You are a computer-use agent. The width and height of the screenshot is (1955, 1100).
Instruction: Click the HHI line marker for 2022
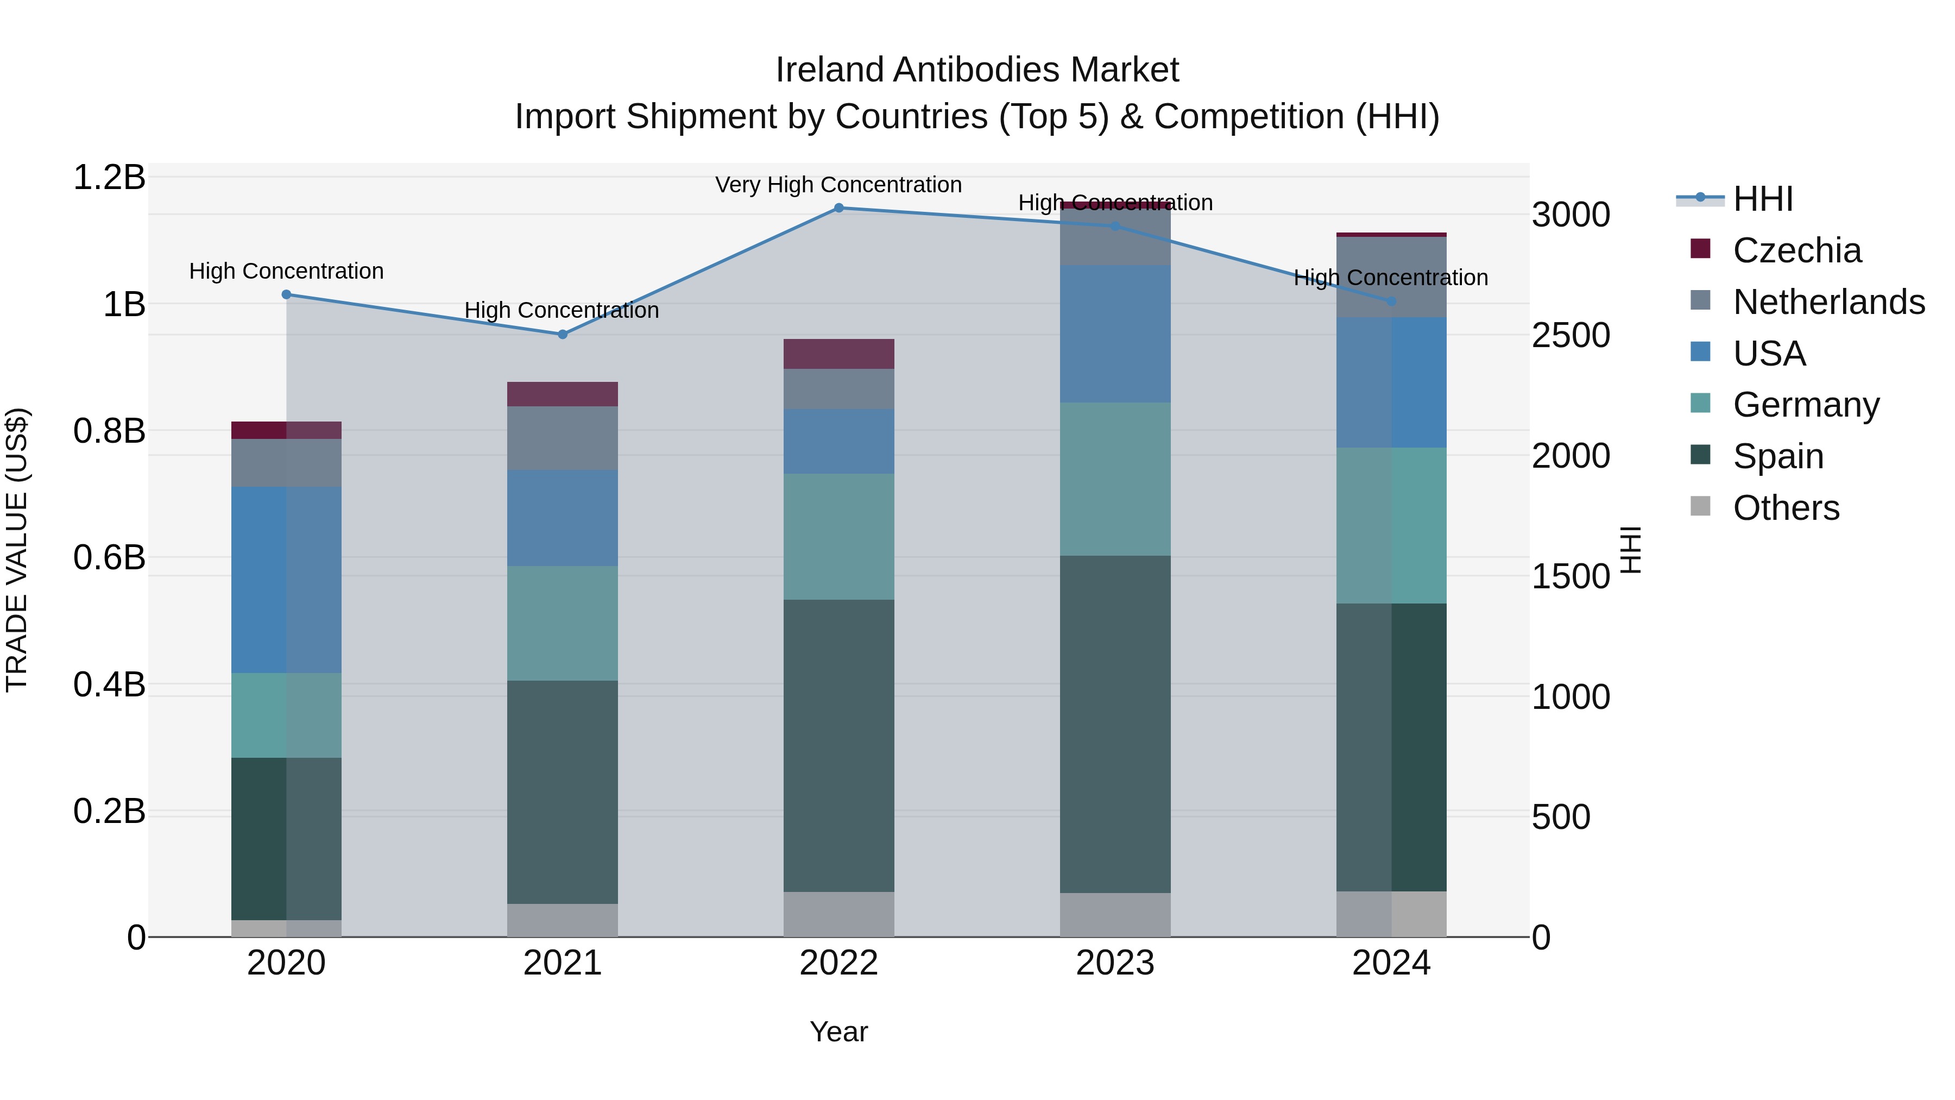tap(838, 208)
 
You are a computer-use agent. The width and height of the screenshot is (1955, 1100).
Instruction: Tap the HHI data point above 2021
tap(563, 335)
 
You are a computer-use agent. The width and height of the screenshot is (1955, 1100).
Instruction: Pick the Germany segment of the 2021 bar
tap(563, 623)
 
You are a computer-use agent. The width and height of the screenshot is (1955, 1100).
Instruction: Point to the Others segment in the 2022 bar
tap(838, 914)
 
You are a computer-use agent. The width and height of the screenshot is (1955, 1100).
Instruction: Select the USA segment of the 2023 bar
tap(1115, 334)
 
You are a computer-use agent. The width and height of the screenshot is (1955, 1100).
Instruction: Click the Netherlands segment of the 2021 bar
tap(563, 438)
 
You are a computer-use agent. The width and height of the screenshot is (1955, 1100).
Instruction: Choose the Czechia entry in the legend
tap(1796, 250)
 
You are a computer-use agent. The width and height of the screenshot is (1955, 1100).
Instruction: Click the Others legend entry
tap(1786, 508)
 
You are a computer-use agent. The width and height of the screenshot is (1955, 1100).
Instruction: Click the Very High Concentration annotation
tap(838, 185)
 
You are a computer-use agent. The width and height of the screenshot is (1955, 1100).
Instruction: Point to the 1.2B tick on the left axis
tap(109, 178)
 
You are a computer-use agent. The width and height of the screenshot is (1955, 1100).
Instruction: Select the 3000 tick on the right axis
tap(1570, 215)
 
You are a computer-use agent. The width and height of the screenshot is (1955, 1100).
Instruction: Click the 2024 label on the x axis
tap(1391, 963)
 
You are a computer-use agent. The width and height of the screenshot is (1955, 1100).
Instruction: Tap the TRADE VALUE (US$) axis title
tap(17, 550)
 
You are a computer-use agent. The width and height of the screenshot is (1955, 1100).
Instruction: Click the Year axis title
tap(838, 1032)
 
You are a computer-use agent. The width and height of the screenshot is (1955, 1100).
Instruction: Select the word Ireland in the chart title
tap(830, 70)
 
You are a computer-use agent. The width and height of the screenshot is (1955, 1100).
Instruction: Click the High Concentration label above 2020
tap(286, 271)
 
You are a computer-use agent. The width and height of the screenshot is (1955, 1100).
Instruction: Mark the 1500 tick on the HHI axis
tap(1570, 576)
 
